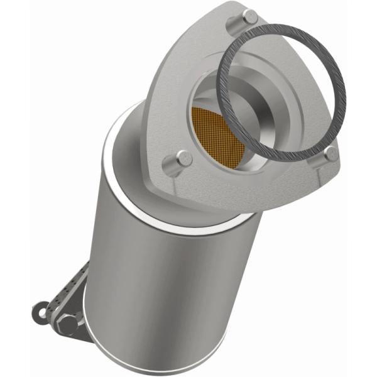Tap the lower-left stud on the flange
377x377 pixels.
(183, 158)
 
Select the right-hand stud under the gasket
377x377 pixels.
(331, 153)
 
